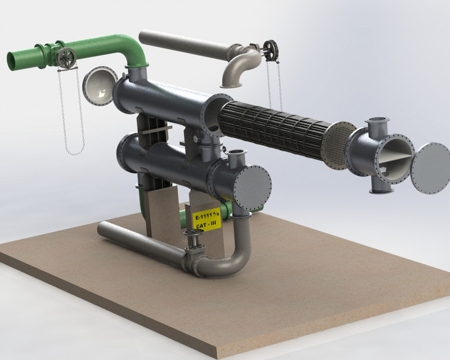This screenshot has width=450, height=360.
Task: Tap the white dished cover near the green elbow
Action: click(100, 85)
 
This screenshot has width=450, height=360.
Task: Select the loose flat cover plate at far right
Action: click(430, 168)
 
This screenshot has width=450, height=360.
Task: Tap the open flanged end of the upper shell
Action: click(216, 115)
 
